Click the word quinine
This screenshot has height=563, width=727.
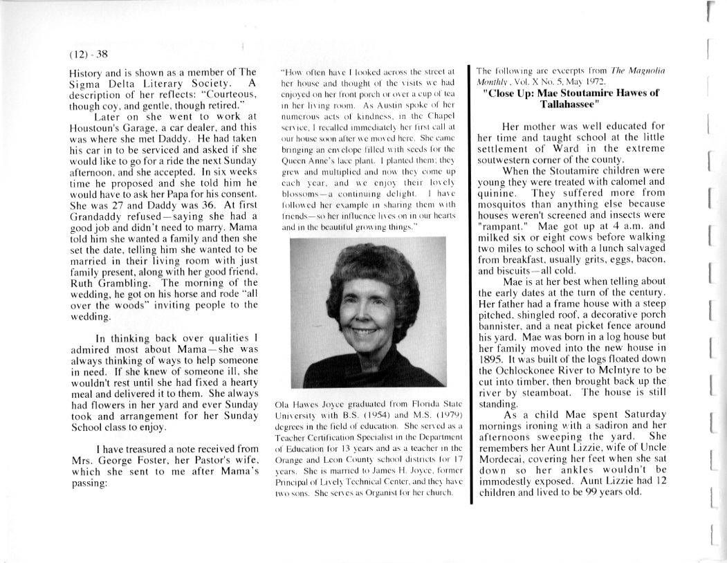pos(497,195)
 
